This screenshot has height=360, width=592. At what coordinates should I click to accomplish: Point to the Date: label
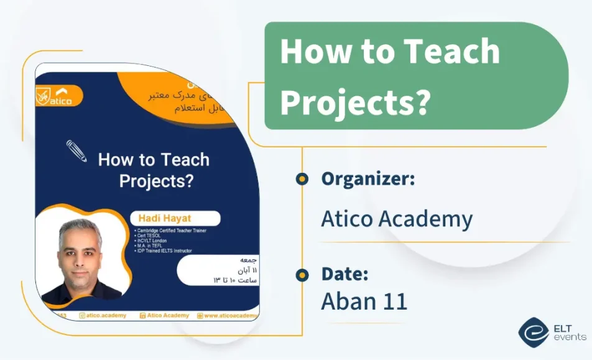tap(345, 274)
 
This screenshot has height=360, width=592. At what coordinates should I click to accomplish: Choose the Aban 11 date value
tap(364, 301)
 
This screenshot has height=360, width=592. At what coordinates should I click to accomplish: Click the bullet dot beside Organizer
tap(302, 179)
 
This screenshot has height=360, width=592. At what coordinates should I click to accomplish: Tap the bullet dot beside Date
tap(302, 275)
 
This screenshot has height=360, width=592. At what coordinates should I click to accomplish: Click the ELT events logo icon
tap(533, 332)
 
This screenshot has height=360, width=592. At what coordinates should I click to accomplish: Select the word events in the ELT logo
tap(569, 337)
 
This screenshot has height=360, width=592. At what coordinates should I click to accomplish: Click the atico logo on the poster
tap(55, 96)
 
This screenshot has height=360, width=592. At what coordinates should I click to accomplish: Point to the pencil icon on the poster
tap(76, 151)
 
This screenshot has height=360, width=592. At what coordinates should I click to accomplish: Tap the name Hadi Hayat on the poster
tap(153, 219)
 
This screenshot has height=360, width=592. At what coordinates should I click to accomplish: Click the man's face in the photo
tap(80, 252)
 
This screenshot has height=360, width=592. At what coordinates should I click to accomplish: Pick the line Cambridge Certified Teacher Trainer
tap(170, 230)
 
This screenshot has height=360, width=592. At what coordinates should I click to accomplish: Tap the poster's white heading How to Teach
tap(154, 160)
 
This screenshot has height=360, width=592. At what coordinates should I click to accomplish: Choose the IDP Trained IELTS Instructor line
tap(163, 251)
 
